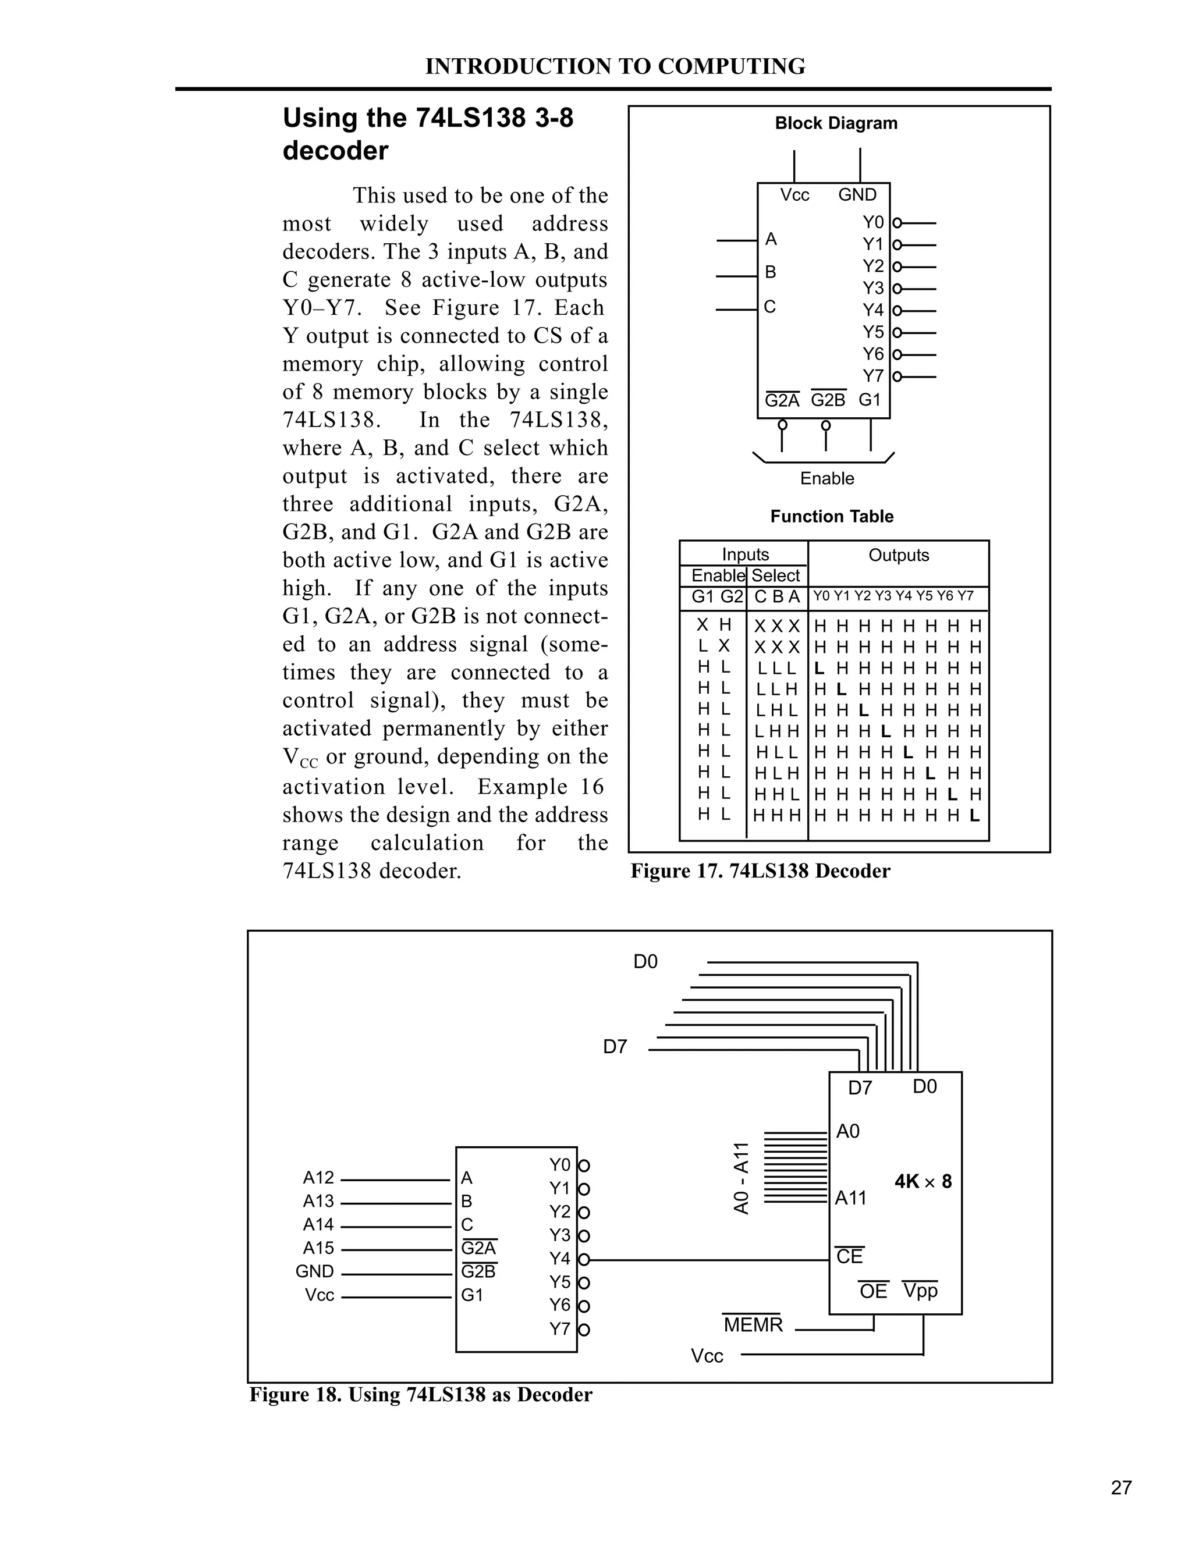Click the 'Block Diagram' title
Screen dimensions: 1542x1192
(x=836, y=123)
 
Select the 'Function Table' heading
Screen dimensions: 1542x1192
(x=832, y=517)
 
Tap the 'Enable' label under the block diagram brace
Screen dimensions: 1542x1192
(x=827, y=479)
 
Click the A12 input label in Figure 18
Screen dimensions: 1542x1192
(x=318, y=1178)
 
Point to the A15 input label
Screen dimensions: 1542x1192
(x=318, y=1248)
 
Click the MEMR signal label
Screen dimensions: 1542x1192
(x=753, y=1325)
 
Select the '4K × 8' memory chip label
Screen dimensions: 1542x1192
(x=923, y=1181)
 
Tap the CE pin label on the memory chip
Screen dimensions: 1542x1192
(x=850, y=1257)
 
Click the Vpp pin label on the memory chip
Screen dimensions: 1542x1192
(x=920, y=1291)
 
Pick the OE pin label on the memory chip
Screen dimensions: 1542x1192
(x=873, y=1291)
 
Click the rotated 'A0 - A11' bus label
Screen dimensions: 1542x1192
(x=741, y=1178)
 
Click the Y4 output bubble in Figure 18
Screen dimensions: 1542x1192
(x=584, y=1260)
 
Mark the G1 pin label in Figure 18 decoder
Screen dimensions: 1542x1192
(x=471, y=1295)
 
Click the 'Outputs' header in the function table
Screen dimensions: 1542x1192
(x=898, y=555)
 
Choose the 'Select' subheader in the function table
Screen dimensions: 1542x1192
(x=775, y=576)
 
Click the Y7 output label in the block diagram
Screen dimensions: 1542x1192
(x=873, y=376)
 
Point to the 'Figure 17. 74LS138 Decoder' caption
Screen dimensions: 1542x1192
(x=760, y=871)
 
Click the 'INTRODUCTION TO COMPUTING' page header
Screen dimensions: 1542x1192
(x=615, y=66)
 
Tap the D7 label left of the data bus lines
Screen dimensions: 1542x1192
(x=615, y=1047)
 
